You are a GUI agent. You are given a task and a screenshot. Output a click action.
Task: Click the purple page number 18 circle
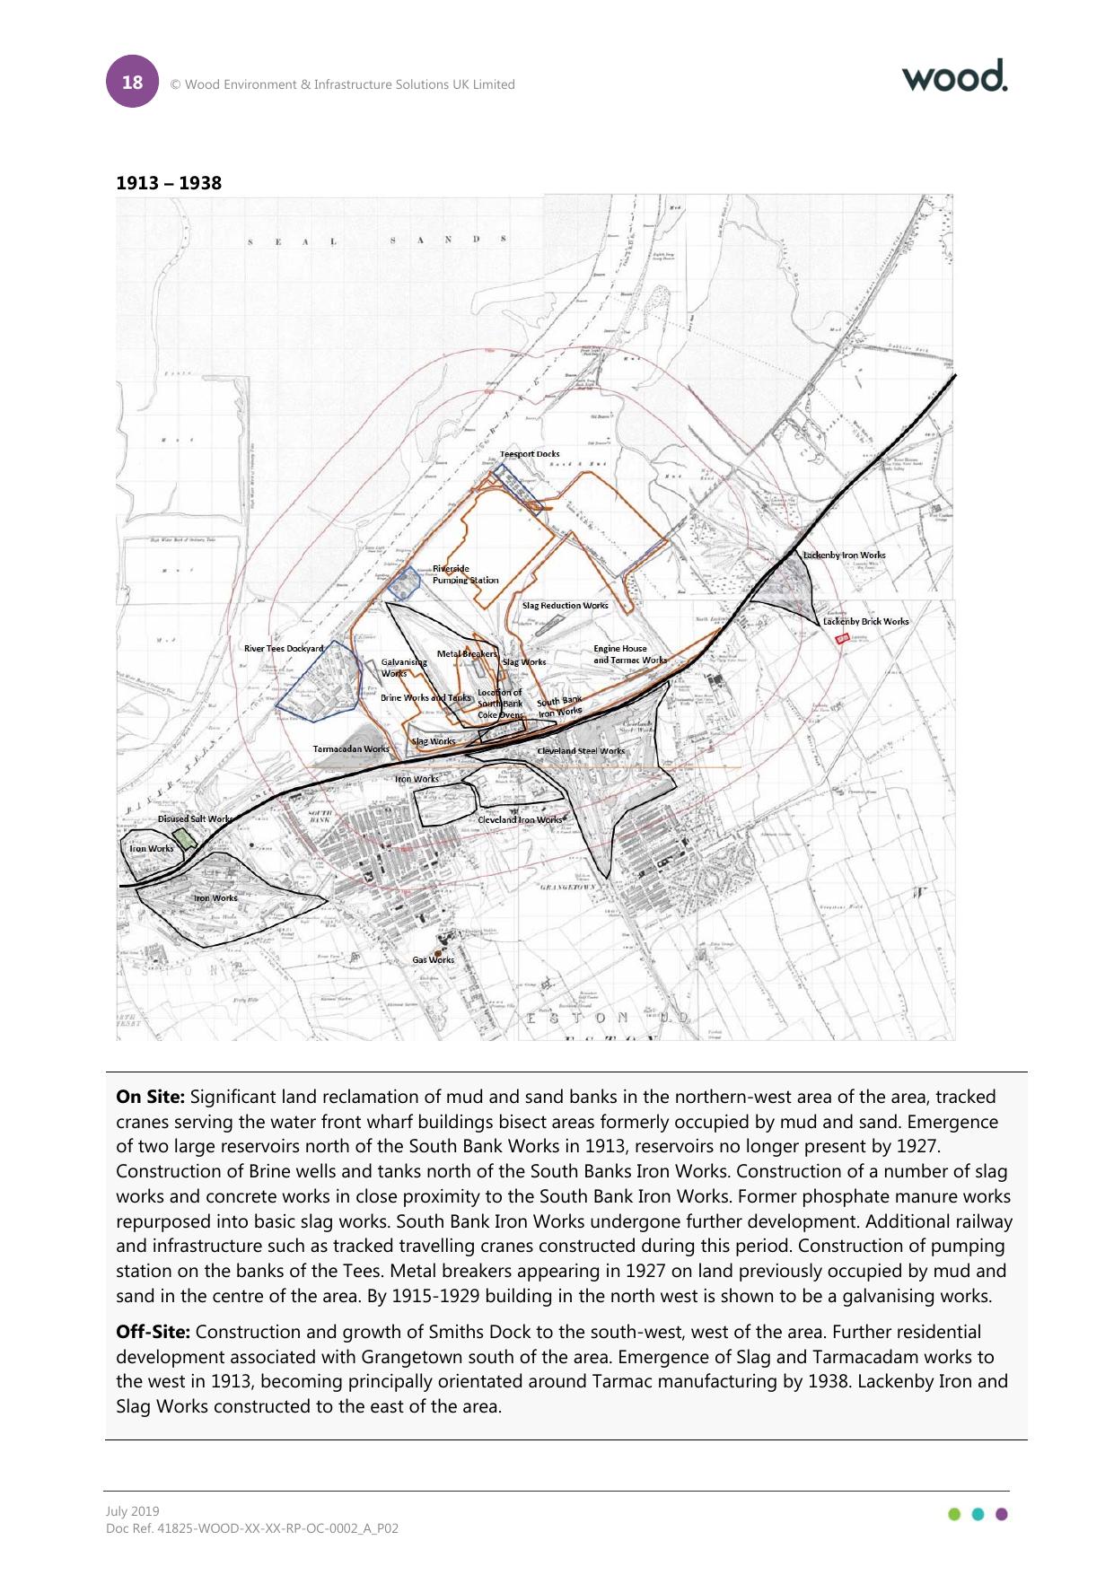click(x=132, y=82)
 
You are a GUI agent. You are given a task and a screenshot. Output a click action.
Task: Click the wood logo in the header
click(x=954, y=76)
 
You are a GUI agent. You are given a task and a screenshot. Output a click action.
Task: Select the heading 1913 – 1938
click(x=169, y=183)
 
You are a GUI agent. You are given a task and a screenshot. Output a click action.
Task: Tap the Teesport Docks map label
click(x=530, y=454)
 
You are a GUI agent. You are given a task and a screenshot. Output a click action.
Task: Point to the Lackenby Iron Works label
click(x=844, y=556)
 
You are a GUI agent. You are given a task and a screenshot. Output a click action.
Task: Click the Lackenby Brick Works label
click(x=865, y=621)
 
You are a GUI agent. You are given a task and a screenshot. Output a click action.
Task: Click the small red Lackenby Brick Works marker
click(x=842, y=639)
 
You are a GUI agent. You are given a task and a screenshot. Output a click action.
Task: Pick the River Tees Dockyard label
click(x=284, y=648)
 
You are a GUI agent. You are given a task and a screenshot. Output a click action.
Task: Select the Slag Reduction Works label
click(x=565, y=606)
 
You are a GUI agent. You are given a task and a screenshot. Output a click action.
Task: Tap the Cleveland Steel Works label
click(x=581, y=751)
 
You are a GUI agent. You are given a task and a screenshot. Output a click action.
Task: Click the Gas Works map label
click(x=433, y=960)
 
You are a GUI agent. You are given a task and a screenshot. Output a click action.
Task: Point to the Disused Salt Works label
click(x=195, y=819)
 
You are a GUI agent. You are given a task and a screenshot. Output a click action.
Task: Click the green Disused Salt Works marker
click(x=185, y=839)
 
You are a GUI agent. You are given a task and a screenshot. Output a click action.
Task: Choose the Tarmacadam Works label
click(x=351, y=749)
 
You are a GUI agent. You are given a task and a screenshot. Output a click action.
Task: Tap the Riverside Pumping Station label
click(x=465, y=574)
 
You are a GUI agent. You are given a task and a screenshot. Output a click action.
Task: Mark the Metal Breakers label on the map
click(x=467, y=654)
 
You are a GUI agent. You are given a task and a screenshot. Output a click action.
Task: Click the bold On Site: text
click(x=150, y=1097)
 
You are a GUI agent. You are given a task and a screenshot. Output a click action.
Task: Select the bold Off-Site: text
click(x=153, y=1332)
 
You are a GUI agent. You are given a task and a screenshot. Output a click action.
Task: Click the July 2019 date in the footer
click(x=132, y=1511)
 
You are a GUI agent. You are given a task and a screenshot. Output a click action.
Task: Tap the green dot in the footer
click(x=954, y=1514)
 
